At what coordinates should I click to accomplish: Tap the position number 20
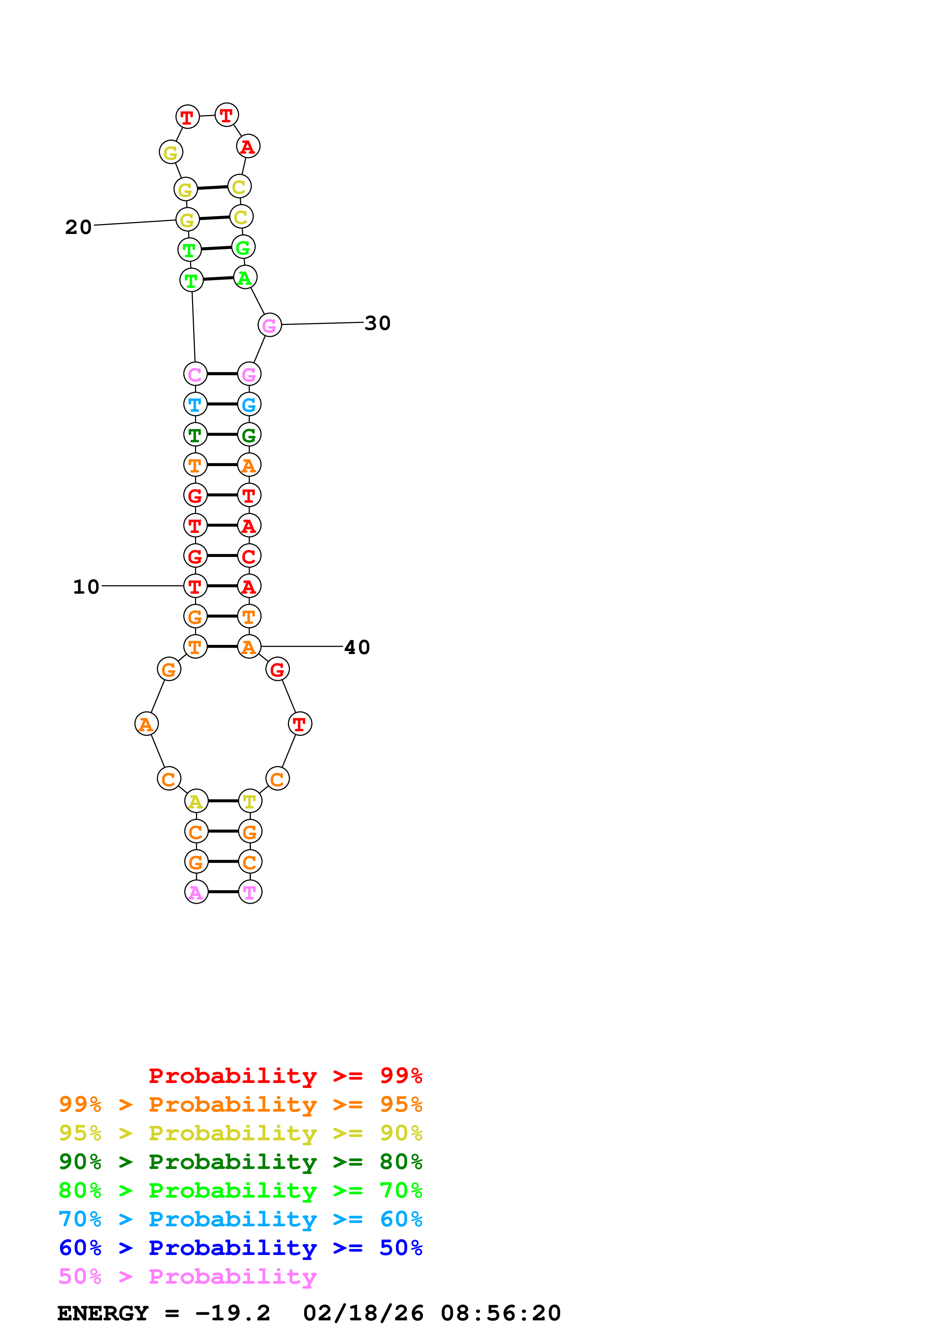pyautogui.click(x=78, y=227)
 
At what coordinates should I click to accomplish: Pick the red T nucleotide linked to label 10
pyautogui.click(x=195, y=586)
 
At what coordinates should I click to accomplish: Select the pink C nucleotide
pyautogui.click(x=195, y=374)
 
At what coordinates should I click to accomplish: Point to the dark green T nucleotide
pyautogui.click(x=195, y=435)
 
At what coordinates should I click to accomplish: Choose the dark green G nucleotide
pyautogui.click(x=249, y=435)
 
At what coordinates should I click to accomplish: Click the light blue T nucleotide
pyautogui.click(x=195, y=404)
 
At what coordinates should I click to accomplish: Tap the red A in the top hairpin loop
pyautogui.click(x=248, y=146)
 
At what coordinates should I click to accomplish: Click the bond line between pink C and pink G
pyautogui.click(x=222, y=374)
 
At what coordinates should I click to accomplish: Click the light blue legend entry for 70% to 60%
pyautogui.click(x=240, y=1219)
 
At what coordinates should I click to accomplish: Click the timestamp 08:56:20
pyautogui.click(x=501, y=1313)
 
